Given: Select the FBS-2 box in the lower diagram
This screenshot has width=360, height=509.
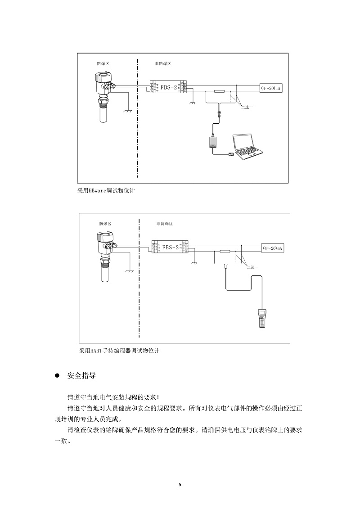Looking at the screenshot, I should (170, 247).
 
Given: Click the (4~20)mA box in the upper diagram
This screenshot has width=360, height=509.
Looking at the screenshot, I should (271, 89).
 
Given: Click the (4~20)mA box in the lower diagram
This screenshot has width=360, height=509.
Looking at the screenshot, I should (273, 248).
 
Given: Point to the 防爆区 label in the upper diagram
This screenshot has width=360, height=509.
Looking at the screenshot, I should (103, 64).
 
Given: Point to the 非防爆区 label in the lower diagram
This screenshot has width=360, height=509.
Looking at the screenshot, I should (164, 224).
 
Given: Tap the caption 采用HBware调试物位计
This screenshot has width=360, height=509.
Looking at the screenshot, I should (106, 190).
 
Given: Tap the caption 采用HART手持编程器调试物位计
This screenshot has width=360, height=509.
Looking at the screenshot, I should (119, 351).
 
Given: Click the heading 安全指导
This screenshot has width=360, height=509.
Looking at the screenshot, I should (81, 376).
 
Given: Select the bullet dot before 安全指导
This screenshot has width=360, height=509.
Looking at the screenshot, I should (57, 376).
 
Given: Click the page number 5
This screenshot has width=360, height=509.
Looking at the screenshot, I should (180, 485).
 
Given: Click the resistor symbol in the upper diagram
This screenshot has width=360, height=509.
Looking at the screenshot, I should (220, 91).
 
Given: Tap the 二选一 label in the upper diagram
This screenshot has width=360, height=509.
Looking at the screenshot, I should (247, 107).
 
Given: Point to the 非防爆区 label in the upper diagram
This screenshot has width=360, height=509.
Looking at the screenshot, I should (162, 64).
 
